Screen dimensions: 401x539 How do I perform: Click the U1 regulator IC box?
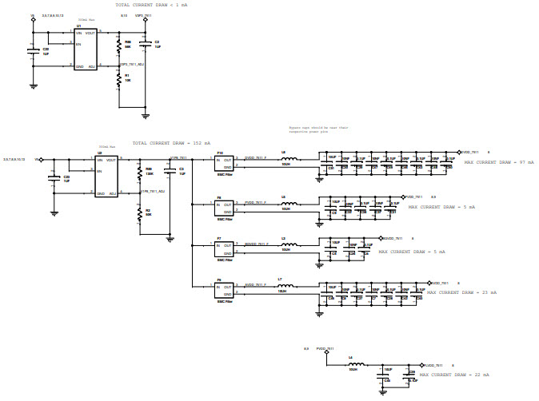tap(86, 50)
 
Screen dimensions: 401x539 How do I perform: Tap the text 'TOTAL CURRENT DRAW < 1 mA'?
tap(151, 5)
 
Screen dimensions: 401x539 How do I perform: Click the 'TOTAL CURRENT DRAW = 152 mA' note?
tap(171, 143)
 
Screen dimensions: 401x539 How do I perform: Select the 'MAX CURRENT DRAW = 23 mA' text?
tap(461, 292)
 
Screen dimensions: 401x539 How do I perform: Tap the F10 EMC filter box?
tap(224, 164)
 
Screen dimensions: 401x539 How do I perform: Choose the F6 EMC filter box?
tap(224, 291)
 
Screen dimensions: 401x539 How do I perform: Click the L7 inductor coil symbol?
tap(285, 286)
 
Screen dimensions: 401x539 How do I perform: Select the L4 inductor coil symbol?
tap(351, 363)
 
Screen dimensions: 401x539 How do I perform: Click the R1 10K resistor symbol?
tap(118, 78)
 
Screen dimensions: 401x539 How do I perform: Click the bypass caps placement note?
tap(319, 128)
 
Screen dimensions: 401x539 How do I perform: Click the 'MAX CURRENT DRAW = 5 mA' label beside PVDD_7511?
tap(441, 207)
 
